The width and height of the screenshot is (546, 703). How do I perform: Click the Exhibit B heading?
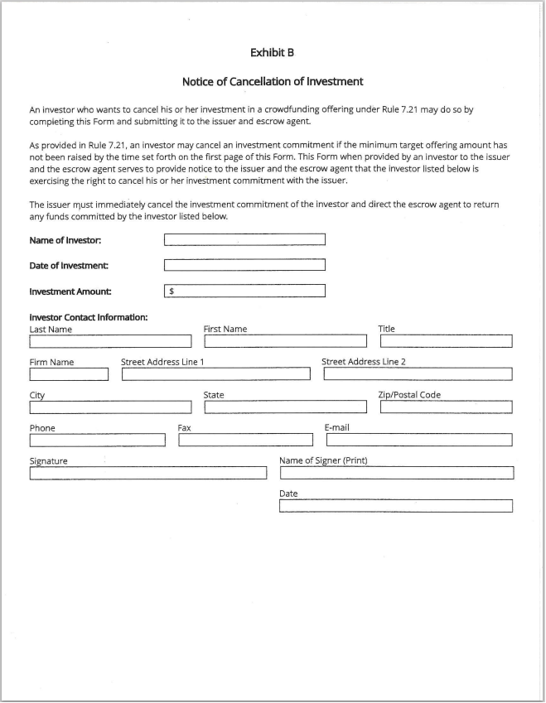[x=273, y=52]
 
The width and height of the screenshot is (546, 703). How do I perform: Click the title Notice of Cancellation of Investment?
[x=273, y=82]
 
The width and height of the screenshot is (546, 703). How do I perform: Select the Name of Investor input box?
[x=244, y=240]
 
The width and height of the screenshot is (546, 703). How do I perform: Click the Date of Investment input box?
[x=244, y=266]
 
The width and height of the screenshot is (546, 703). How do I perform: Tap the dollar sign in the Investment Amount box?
[x=172, y=291]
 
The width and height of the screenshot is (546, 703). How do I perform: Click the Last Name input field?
[x=110, y=341]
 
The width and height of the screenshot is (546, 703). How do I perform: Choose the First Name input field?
[x=285, y=341]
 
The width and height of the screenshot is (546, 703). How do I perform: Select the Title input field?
[x=446, y=341]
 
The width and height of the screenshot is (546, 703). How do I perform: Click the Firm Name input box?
[x=69, y=374]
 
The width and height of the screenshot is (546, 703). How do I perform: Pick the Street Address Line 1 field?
[x=216, y=374]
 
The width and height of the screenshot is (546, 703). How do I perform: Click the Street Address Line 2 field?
[x=418, y=374]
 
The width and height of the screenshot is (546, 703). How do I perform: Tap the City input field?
[x=110, y=407]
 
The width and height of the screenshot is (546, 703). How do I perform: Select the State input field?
[x=285, y=407]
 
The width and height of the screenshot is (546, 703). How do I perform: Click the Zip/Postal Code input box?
[x=446, y=407]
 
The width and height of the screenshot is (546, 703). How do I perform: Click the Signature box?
[x=148, y=474]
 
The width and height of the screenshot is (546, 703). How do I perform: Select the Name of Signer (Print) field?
[x=397, y=474]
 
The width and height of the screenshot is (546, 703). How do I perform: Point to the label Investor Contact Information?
[x=89, y=317]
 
